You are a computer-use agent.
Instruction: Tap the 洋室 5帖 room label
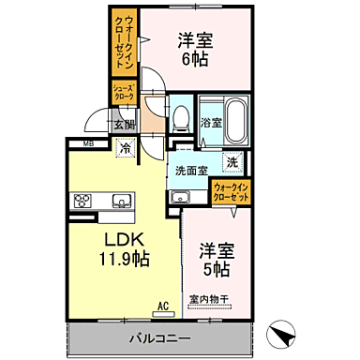215,260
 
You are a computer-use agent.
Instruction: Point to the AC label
162,305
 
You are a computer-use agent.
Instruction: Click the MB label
87,143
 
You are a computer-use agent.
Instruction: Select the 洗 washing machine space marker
233,160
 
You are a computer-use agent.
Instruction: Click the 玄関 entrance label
124,123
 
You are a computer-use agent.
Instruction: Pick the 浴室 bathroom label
210,123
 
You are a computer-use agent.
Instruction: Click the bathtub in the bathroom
235,121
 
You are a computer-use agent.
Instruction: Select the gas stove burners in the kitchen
83,201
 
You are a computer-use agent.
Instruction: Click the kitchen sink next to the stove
121,201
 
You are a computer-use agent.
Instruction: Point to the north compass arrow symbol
280,332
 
